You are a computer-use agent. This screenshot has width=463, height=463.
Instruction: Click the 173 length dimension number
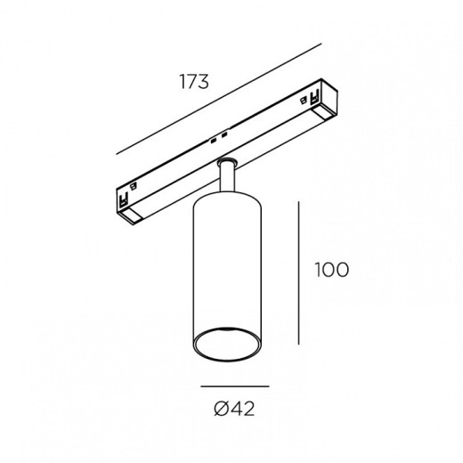tap(194, 81)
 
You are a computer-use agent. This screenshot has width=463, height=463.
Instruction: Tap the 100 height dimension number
tap(332, 270)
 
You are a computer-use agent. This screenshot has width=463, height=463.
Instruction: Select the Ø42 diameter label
tap(234, 409)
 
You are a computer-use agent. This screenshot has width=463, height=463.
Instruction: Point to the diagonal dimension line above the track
tap(219, 99)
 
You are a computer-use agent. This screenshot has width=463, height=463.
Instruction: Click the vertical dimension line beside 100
tap(298, 272)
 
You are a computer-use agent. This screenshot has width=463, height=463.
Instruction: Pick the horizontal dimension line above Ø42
tap(235, 386)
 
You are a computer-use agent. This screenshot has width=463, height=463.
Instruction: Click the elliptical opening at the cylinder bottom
tap(227, 345)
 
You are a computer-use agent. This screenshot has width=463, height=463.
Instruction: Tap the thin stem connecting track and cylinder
tap(228, 177)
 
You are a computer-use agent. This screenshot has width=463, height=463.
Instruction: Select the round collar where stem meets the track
tap(227, 162)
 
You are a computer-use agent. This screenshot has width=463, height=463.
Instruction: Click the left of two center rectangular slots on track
tap(213, 141)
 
